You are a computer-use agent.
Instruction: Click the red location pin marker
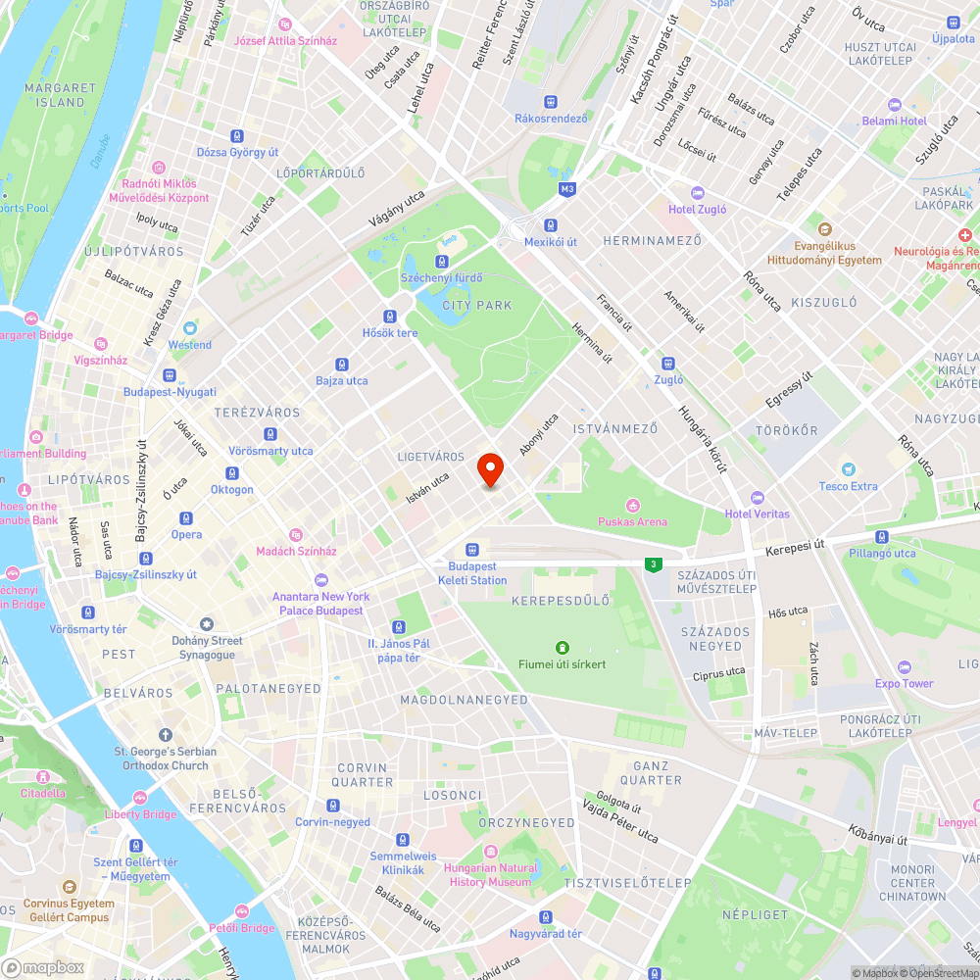tap(490, 468)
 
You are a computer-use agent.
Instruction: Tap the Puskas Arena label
tap(632, 522)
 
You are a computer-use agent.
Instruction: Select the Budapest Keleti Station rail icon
tap(472, 550)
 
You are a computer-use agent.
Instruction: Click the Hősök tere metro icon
tap(390, 317)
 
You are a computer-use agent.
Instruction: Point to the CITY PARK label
tap(477, 306)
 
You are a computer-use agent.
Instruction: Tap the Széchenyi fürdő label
tap(442, 278)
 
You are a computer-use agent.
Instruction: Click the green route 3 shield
tap(652, 564)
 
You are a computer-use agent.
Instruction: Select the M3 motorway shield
tap(566, 188)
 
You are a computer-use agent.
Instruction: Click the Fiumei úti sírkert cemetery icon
tap(562, 647)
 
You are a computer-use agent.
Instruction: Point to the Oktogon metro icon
tap(232, 473)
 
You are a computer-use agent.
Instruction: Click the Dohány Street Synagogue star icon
tap(207, 624)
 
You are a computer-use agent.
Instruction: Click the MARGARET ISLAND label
tap(61, 95)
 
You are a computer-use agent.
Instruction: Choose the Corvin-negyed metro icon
tap(333, 806)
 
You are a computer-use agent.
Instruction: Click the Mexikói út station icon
tap(551, 224)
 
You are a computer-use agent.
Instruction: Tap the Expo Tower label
tap(904, 683)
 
